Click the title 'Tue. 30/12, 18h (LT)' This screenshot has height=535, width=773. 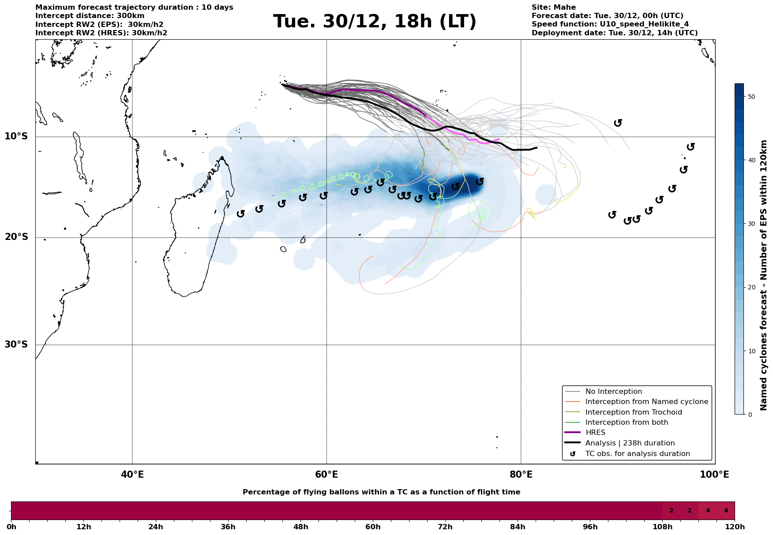pyautogui.click(x=375, y=22)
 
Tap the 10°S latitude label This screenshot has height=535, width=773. pyautogui.click(x=16, y=136)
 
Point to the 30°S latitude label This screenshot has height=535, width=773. pyautogui.click(x=16, y=344)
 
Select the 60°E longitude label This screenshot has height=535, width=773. pyautogui.click(x=326, y=475)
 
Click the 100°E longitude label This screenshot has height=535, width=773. pyautogui.click(x=714, y=475)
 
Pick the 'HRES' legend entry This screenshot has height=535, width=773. pyautogui.click(x=595, y=433)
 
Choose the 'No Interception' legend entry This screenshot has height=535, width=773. pyautogui.click(x=613, y=392)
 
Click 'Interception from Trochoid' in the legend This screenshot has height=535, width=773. pyautogui.click(x=633, y=412)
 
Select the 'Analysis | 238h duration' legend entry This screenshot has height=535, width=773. pyautogui.click(x=630, y=443)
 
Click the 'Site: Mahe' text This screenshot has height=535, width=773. pyautogui.click(x=553, y=7)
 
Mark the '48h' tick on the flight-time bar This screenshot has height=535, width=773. pyautogui.click(x=300, y=527)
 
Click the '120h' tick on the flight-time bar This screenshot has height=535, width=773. pyautogui.click(x=734, y=527)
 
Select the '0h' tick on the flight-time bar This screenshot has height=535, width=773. pyautogui.click(x=11, y=527)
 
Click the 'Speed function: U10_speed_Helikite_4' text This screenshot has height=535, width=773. pyautogui.click(x=610, y=24)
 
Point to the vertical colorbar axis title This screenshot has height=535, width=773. pyautogui.click(x=764, y=275)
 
